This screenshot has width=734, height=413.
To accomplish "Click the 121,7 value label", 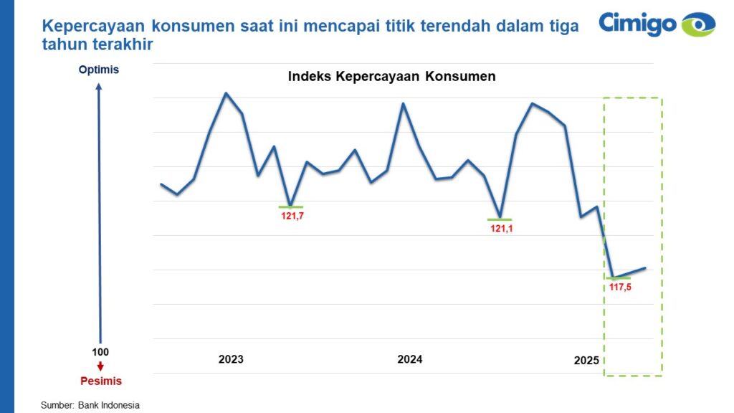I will pyautogui.click(x=290, y=215).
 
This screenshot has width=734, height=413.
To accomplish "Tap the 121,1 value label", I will pyautogui.click(x=502, y=229).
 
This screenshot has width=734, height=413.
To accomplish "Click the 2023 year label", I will pyautogui.click(x=231, y=359).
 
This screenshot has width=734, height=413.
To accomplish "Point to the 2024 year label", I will pyautogui.click(x=409, y=359).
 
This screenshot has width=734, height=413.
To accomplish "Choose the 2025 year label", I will pyautogui.click(x=586, y=361).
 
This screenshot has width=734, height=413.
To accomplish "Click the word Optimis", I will pyautogui.click(x=99, y=70).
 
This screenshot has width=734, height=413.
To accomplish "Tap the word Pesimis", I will pyautogui.click(x=100, y=381).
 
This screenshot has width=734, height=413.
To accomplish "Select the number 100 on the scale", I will pyautogui.click(x=100, y=352).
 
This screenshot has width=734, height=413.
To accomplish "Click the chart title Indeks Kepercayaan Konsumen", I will pyautogui.click(x=391, y=77).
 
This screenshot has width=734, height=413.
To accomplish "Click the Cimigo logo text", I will pyautogui.click(x=637, y=23).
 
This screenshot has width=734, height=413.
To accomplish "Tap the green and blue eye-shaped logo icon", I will pyautogui.click(x=698, y=24).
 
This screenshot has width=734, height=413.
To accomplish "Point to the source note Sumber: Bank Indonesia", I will pyautogui.click(x=90, y=405).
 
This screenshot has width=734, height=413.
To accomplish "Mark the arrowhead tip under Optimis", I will pyautogui.click(x=100, y=84).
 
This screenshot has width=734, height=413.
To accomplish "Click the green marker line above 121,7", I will pyautogui.click(x=290, y=206).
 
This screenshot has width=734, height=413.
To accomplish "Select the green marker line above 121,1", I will pyautogui.click(x=500, y=219).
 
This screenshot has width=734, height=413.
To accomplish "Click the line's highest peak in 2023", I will pyautogui.click(x=226, y=93).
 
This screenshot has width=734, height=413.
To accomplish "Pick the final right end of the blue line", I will pyautogui.click(x=646, y=268).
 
